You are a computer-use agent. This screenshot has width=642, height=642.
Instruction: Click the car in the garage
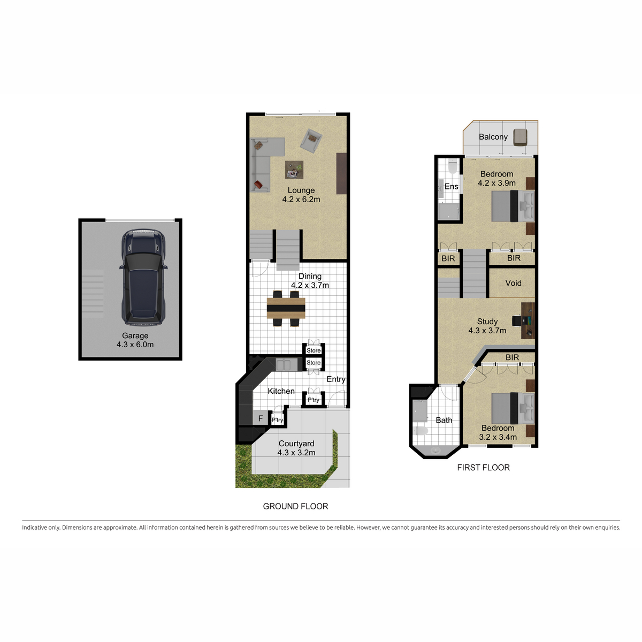[143, 277]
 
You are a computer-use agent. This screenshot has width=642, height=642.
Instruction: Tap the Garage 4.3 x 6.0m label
[135, 340]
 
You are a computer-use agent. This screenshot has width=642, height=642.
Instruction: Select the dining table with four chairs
[286, 309]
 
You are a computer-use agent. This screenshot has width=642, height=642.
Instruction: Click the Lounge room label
[301, 195]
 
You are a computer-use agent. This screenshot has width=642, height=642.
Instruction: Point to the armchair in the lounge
[311, 141]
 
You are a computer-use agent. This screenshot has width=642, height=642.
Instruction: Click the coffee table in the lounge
[294, 170]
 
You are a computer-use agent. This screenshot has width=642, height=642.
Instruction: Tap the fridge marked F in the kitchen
[260, 418]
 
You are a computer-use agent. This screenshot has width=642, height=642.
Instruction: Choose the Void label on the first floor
[513, 283]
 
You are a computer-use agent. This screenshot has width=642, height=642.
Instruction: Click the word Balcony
[493, 136]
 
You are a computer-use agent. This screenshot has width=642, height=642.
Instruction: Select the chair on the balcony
[520, 137]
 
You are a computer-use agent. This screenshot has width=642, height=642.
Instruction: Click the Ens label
[452, 187]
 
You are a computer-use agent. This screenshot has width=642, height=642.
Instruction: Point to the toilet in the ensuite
[453, 167]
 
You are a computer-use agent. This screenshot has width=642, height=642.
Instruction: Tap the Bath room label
[444, 420]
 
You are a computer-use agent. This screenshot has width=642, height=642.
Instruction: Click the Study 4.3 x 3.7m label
[487, 326]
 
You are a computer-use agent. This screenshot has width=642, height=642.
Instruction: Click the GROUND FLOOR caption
[295, 506]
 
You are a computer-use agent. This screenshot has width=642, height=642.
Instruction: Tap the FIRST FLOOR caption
[484, 468]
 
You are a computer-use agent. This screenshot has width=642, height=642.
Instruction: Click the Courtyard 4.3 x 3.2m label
[296, 448]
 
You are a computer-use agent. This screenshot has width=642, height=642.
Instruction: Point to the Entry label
[336, 379]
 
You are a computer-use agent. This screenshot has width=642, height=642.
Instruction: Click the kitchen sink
[284, 365]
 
